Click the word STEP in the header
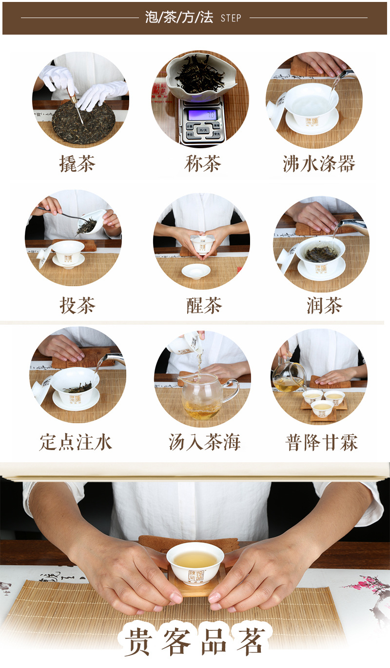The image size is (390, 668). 231,19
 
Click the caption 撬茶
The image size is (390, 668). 77,163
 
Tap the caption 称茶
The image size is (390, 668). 202,163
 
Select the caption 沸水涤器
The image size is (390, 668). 319,163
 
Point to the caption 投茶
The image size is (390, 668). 77,306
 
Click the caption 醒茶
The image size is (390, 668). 204,306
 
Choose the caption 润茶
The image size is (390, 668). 324,306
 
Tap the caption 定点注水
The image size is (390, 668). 76,443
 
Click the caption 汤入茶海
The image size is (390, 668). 205,443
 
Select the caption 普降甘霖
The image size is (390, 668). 321,443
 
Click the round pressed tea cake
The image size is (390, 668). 84,122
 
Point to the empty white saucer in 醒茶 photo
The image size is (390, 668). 196,271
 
